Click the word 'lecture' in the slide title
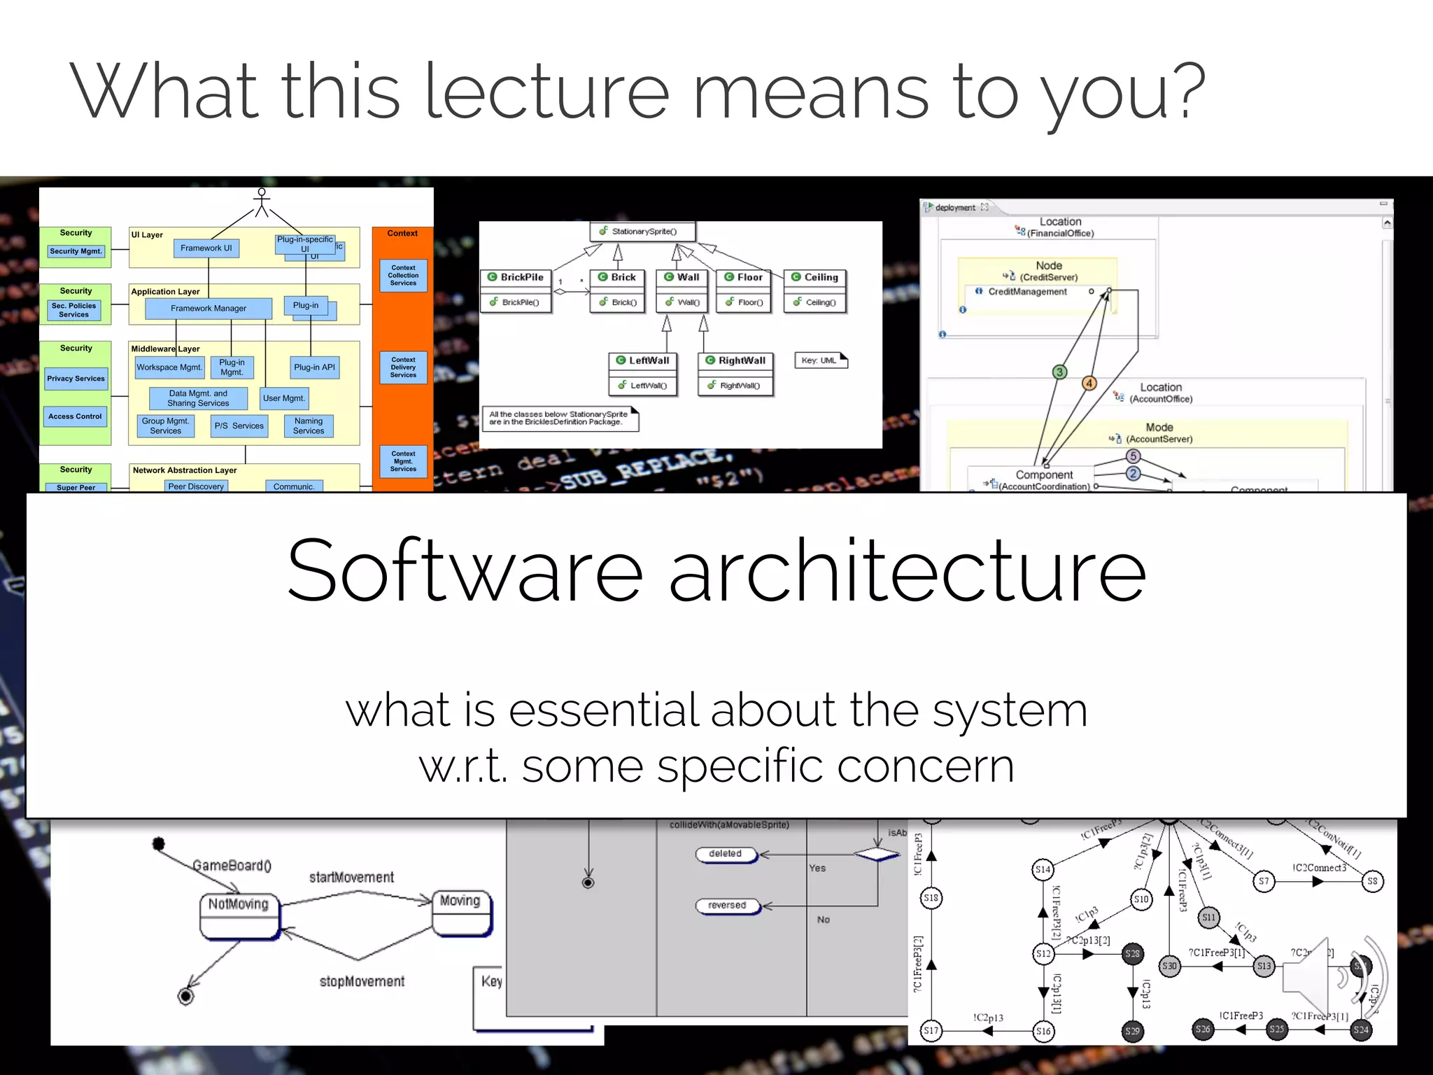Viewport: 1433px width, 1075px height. click(546, 91)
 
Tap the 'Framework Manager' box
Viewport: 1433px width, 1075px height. click(209, 309)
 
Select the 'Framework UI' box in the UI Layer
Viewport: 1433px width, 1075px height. click(206, 248)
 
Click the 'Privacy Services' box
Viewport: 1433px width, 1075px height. click(76, 379)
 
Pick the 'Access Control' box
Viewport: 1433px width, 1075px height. click(75, 416)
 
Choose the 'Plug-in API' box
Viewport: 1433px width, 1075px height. click(314, 367)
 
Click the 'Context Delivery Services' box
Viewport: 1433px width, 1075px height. click(403, 367)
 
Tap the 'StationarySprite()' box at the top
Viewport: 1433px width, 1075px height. click(643, 232)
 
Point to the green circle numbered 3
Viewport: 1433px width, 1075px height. click(1060, 372)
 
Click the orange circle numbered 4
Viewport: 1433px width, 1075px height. click(1089, 383)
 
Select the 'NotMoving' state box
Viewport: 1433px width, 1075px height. click(239, 914)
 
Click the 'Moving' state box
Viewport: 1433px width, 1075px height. click(461, 911)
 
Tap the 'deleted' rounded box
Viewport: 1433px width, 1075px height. click(726, 854)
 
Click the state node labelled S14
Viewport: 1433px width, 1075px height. click(1043, 869)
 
